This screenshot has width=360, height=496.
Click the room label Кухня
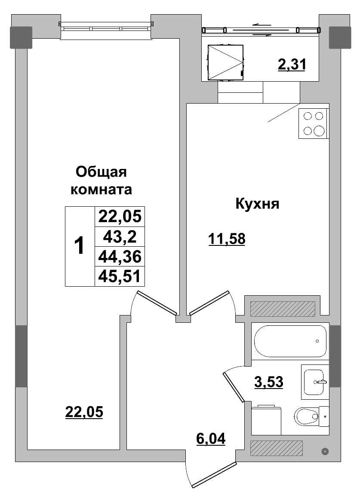click(257, 204)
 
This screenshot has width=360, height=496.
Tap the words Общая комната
click(101, 181)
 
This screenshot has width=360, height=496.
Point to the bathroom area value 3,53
click(269, 381)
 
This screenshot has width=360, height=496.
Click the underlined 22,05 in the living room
click(84, 412)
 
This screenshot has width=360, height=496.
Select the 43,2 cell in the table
click(120, 236)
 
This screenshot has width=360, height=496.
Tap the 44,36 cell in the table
click(120, 257)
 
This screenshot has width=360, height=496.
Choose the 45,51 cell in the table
click(120, 276)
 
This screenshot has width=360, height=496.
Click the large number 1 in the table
click(80, 246)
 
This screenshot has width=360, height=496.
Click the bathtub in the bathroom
click(290, 341)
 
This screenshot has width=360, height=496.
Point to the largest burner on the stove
click(319, 131)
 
